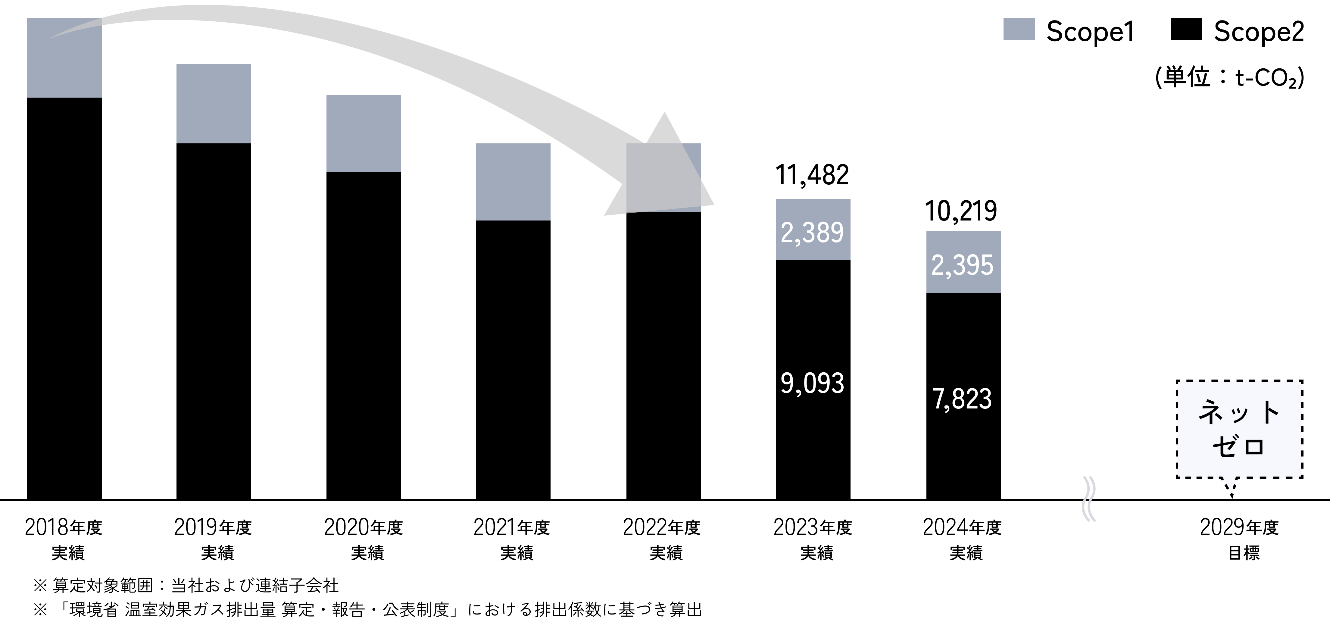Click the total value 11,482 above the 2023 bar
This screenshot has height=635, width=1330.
coord(812,176)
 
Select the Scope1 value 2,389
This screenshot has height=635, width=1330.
coord(812,233)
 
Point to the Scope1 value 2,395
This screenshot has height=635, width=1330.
coord(962,265)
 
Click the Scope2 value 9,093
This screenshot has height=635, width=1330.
coord(812,383)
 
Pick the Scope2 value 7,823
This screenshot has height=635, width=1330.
coord(962,399)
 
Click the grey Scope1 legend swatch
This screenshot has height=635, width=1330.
coord(1019,30)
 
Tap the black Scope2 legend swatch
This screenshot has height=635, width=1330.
coord(1186,30)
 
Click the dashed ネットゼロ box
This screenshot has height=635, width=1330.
coord(1239,429)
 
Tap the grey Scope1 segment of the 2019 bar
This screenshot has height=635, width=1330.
coord(214,103)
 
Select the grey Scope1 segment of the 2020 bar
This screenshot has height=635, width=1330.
coord(364,133)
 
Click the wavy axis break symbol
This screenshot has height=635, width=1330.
coord(1089,499)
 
